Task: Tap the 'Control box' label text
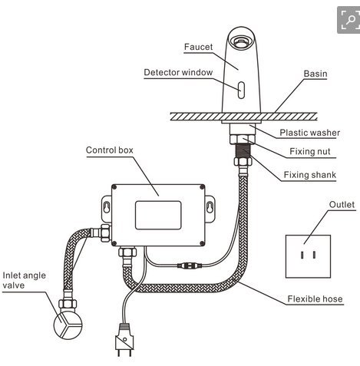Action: point(109,150)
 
